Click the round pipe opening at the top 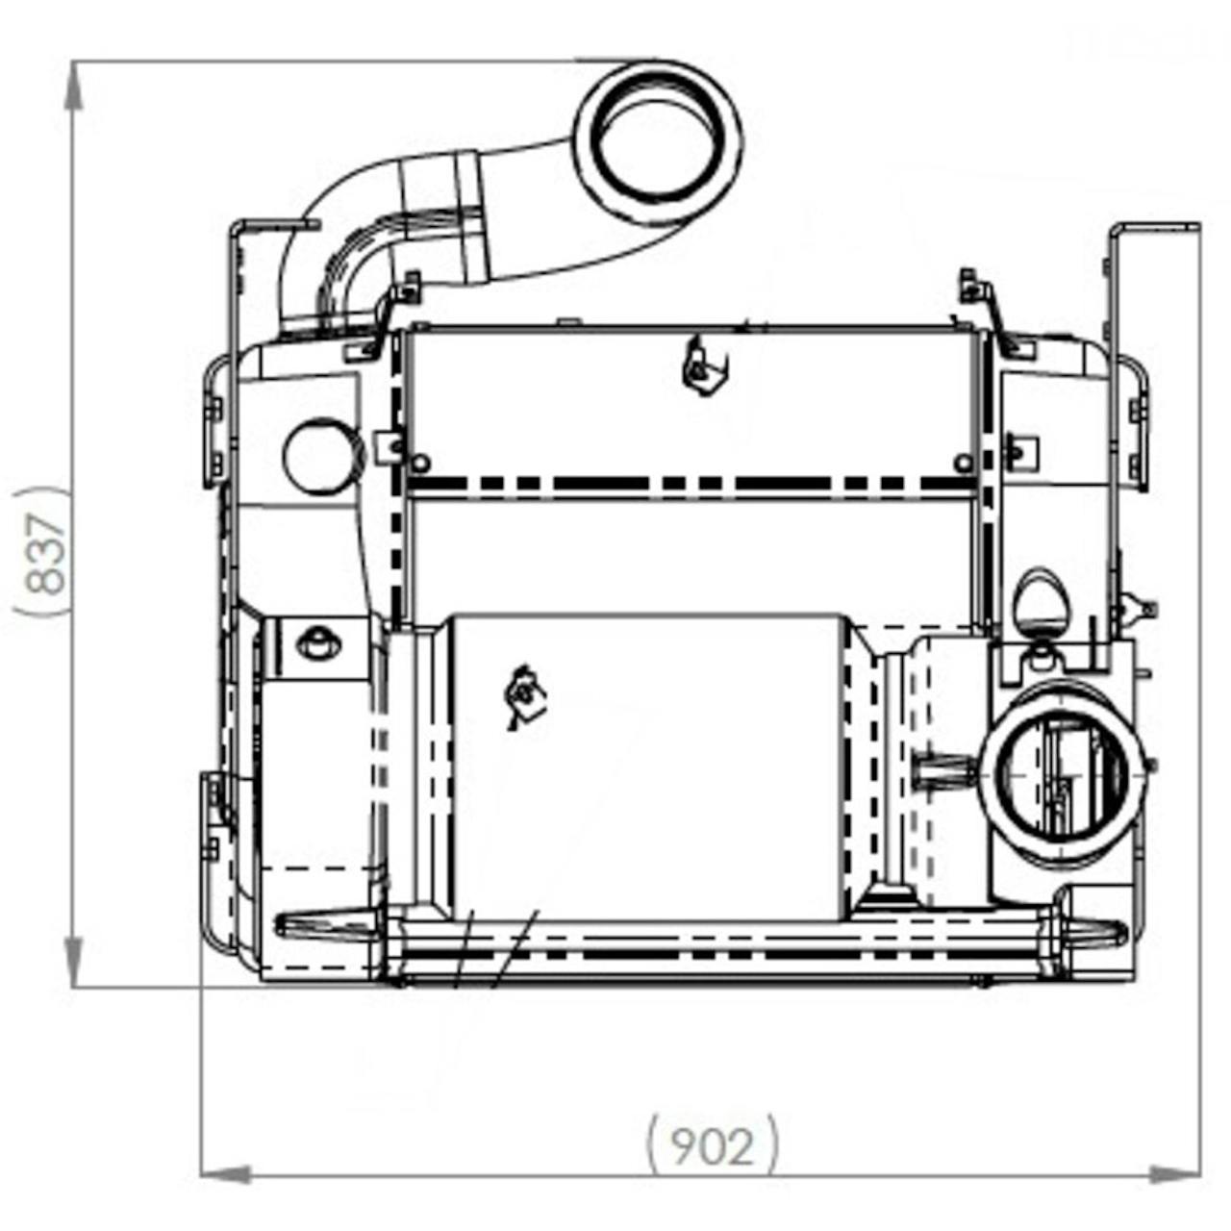[x=657, y=141]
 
